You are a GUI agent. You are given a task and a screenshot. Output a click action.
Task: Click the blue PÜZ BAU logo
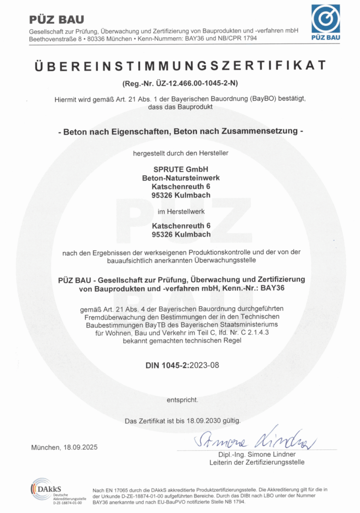click(326, 22)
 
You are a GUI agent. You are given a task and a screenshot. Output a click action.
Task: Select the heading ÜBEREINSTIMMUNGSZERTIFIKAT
click(180, 66)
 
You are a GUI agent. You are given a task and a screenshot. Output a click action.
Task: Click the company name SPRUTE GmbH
click(180, 169)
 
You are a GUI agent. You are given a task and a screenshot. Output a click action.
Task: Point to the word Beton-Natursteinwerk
click(180, 178)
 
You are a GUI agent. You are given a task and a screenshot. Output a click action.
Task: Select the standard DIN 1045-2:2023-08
click(180, 365)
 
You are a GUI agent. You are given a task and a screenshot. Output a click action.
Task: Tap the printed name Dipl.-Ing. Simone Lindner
click(257, 454)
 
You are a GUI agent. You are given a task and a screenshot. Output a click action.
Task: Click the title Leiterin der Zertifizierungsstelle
click(257, 462)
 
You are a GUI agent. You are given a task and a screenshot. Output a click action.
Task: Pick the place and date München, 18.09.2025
click(64, 447)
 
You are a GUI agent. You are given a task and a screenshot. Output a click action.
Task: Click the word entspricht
click(182, 400)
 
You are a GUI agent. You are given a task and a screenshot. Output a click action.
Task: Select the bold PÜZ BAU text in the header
click(56, 20)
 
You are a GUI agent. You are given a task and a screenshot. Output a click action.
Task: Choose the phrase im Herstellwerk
click(180, 211)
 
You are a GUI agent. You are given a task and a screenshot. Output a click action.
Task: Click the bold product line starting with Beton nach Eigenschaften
click(180, 132)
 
